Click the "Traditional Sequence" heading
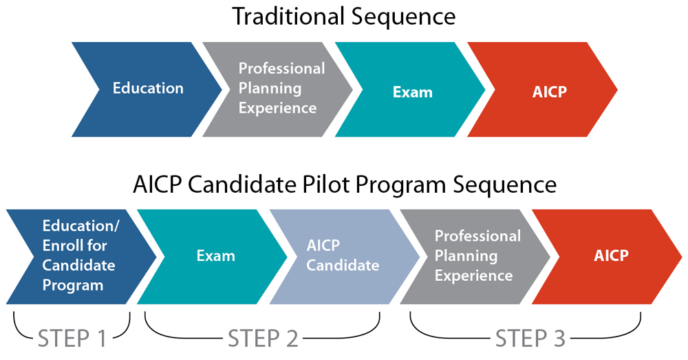(344, 17)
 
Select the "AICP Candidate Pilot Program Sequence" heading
(345, 185)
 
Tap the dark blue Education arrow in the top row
(147, 89)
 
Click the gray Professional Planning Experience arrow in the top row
(278, 89)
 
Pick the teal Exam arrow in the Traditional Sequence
(410, 89)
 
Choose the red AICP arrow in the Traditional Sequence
(543, 89)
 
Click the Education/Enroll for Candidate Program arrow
(82, 257)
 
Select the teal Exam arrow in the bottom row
(213, 257)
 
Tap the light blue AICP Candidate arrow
(345, 257)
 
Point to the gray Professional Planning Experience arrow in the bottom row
(475, 257)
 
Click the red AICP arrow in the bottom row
(608, 257)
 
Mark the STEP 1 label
(72, 339)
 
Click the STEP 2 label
(263, 339)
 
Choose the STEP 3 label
(530, 339)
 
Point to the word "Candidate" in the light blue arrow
(343, 265)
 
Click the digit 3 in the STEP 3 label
(557, 339)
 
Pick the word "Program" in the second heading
(402, 186)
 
